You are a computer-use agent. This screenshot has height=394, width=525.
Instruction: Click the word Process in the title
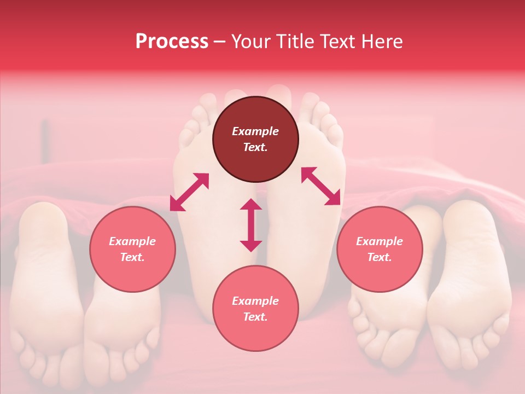coord(172,42)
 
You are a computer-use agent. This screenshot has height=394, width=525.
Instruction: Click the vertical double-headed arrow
coord(251,225)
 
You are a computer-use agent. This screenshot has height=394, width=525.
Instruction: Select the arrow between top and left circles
coord(189,192)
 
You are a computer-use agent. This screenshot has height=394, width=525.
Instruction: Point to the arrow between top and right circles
coord(320,186)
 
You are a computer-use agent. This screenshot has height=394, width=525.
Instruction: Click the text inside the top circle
coord(255,139)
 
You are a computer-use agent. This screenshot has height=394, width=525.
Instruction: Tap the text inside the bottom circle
coord(255,309)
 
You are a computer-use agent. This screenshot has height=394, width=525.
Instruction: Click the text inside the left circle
coord(132,249)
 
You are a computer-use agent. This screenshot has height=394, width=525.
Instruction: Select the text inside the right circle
coord(380,249)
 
